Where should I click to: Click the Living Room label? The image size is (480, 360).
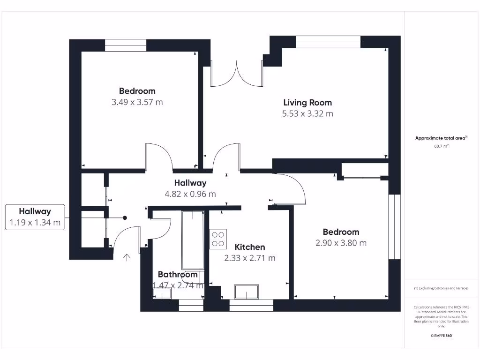click(307, 102)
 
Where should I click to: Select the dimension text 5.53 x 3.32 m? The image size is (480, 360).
click(307, 113)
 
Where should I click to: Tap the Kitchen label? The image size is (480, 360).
click(249, 247)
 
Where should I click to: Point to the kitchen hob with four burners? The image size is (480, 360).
click(218, 238)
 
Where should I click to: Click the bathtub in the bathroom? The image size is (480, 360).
click(193, 240)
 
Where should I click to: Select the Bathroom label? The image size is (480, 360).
click(177, 274)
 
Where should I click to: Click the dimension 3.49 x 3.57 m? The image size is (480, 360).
click(137, 102)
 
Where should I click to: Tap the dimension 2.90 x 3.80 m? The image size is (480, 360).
click(341, 243)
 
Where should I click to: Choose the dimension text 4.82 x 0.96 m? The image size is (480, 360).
click(190, 194)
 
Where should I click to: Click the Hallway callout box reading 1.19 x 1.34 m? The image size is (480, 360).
click(35, 217)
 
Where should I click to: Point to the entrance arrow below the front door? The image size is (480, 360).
click(126, 257)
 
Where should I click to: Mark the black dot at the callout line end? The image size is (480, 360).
click(125, 217)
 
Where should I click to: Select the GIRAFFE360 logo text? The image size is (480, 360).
click(441, 336)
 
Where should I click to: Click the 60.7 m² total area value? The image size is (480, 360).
click(441, 146)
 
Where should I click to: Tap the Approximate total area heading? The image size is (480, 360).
click(441, 138)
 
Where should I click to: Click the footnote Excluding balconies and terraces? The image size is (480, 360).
click(441, 288)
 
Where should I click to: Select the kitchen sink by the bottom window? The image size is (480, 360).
click(246, 292)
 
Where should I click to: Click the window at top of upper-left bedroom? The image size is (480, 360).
click(126, 45)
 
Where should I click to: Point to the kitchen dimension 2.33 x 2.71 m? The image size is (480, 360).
click(249, 258)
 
